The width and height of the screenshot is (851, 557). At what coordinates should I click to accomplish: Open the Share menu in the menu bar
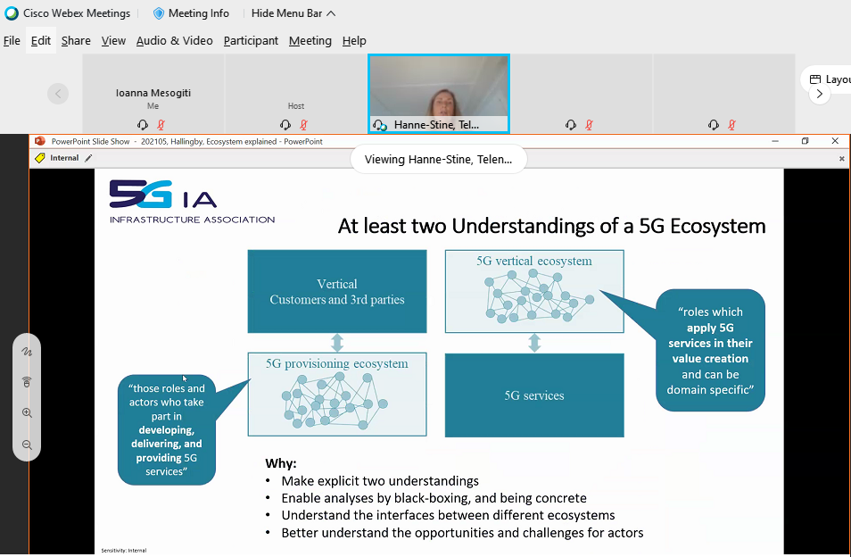[x=76, y=41]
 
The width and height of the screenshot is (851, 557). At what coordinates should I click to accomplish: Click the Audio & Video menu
[x=174, y=41]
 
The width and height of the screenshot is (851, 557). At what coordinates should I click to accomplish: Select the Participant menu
[x=251, y=41]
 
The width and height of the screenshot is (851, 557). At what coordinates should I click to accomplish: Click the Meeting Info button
[x=192, y=13]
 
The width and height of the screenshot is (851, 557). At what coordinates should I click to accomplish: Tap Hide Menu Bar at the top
[x=293, y=13]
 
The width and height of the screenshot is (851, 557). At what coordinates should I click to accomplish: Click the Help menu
[x=354, y=41]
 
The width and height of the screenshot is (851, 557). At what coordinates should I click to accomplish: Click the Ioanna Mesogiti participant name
[x=153, y=93]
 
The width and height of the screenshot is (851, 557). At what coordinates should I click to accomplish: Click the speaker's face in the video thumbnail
[x=443, y=102]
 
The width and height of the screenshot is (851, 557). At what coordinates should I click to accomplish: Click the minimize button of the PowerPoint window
[x=775, y=141]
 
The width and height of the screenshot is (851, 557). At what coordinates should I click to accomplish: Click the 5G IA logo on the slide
[x=192, y=202]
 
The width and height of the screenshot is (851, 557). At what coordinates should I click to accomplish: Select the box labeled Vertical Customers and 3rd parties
[x=337, y=292]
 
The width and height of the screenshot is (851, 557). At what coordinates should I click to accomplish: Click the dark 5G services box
[x=534, y=395]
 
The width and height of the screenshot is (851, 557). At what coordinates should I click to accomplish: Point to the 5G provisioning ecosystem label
[x=337, y=363]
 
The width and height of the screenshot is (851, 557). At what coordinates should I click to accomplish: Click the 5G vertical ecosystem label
[x=534, y=262]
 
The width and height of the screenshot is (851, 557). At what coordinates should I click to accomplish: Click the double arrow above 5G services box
[x=534, y=343]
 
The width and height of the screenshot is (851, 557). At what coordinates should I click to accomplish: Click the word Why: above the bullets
[x=281, y=463]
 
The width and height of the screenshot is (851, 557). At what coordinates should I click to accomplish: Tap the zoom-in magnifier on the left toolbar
[x=27, y=413]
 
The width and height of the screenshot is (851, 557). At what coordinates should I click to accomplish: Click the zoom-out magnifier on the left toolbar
[x=27, y=445]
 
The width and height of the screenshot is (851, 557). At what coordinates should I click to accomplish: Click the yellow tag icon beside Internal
[x=39, y=158]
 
